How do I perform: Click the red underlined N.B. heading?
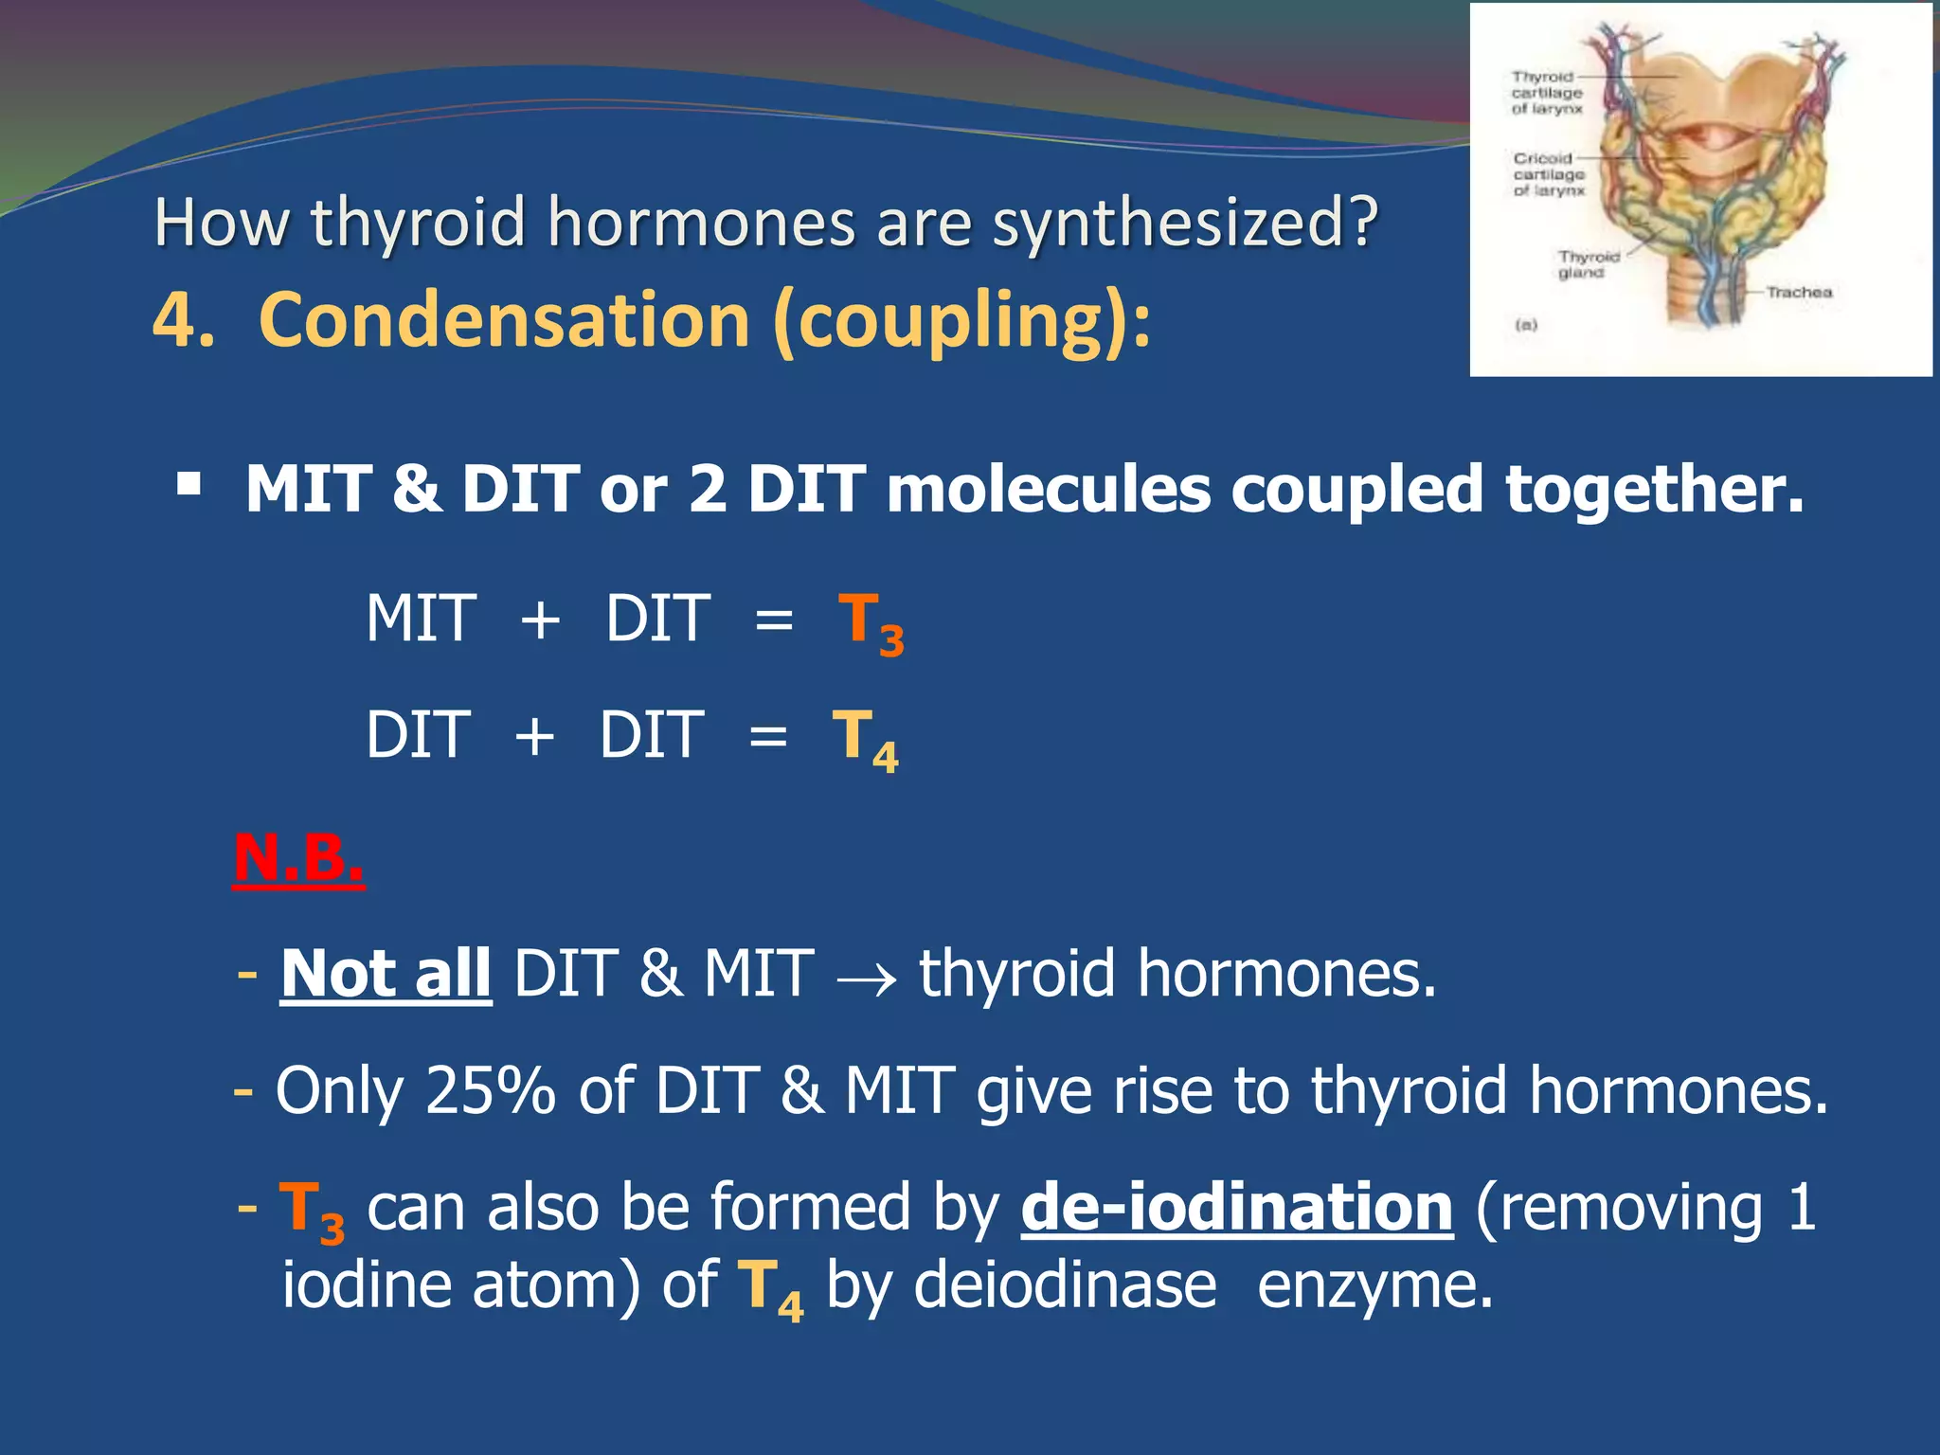[x=298, y=858]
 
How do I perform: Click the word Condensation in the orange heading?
[x=505, y=320]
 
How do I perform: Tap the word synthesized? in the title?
[x=1184, y=223]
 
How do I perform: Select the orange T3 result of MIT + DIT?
[x=871, y=622]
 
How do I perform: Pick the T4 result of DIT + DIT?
[x=865, y=739]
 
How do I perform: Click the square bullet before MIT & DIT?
[x=189, y=487]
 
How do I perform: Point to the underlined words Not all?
[x=386, y=974]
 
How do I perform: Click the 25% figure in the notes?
[x=490, y=1090]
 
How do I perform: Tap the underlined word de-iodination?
[x=1236, y=1208]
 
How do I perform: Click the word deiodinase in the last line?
[x=1064, y=1286]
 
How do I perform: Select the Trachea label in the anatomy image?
[x=1798, y=293]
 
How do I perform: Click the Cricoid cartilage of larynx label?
[x=1549, y=174]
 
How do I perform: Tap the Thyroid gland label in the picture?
[x=1588, y=264]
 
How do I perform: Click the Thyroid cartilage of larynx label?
[x=1547, y=93]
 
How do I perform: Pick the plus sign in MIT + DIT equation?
[x=540, y=621]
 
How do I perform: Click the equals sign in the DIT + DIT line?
[x=767, y=737]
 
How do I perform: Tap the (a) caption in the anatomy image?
[x=1526, y=325]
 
